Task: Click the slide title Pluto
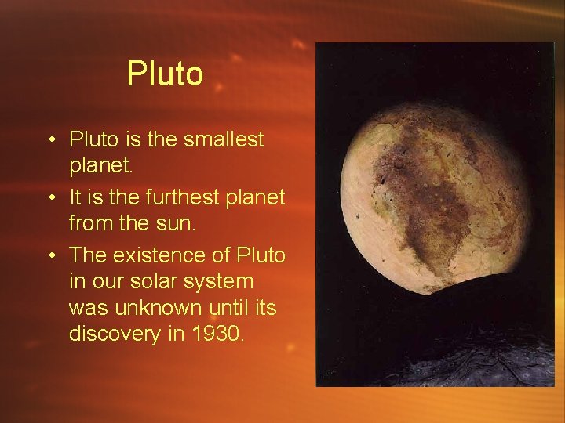(165, 74)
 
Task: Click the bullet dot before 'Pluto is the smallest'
(49, 141)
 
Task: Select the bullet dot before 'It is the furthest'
(49, 198)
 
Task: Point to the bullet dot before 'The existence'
(49, 256)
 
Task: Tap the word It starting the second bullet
(77, 197)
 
